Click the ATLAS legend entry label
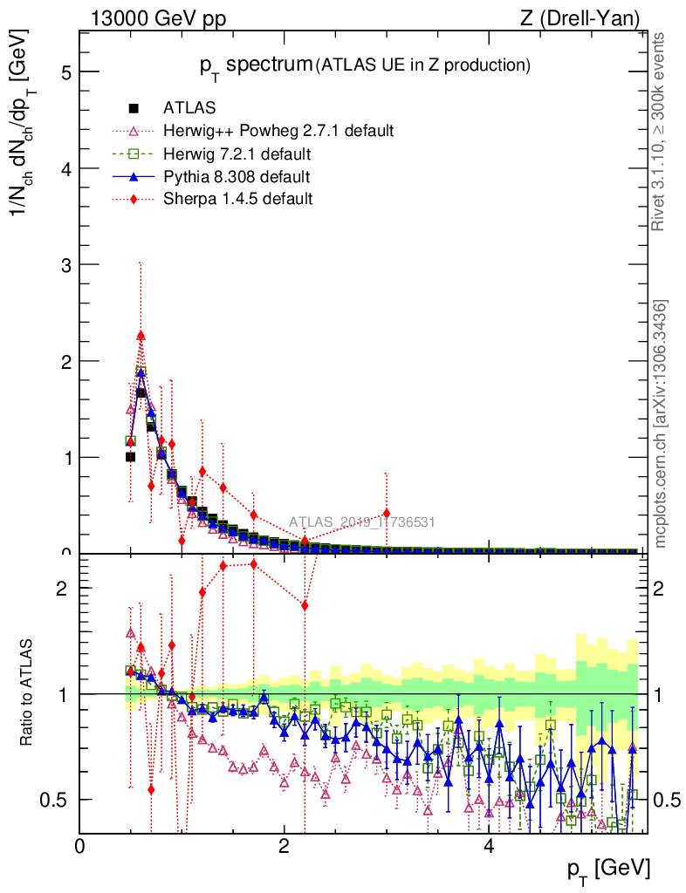pos(190,109)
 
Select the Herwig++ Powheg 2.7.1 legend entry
pos(278,132)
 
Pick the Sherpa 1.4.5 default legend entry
pos(237,200)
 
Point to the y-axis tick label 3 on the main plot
pos(65,264)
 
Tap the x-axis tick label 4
pos(489,846)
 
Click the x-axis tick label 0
pos(79,846)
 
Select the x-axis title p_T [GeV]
pos(608,869)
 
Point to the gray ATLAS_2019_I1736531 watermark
pos(362,522)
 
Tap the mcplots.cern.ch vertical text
pos(661,424)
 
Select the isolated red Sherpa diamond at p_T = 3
pos(387,513)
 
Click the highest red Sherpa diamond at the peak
pos(141,336)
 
